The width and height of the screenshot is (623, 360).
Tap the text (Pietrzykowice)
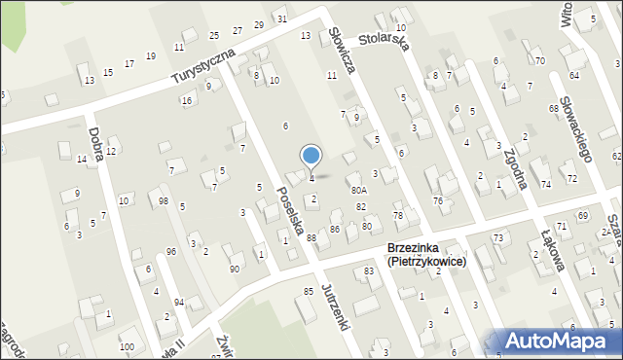tap(426, 262)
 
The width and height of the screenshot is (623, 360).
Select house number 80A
tap(358, 191)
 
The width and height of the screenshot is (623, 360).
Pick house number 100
tap(127, 346)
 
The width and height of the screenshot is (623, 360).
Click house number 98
tap(164, 201)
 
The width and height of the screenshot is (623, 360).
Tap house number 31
tap(281, 18)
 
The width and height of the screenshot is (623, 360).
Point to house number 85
tap(309, 292)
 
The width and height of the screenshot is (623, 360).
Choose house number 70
tap(539, 60)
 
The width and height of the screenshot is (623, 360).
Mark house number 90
tap(234, 269)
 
